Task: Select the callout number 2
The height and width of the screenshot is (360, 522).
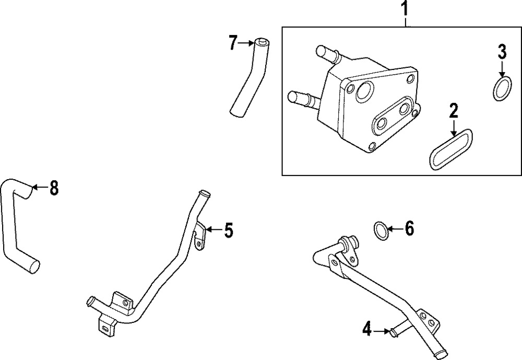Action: pyautogui.click(x=454, y=111)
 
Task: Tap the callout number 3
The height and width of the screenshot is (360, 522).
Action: pyautogui.click(x=502, y=52)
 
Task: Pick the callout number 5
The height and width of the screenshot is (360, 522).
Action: pyautogui.click(x=229, y=230)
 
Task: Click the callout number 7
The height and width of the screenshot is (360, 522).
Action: pyautogui.click(x=233, y=43)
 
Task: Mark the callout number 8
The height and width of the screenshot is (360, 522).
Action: pyautogui.click(x=54, y=188)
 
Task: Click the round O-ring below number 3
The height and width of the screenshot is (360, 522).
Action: pyautogui.click(x=502, y=88)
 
